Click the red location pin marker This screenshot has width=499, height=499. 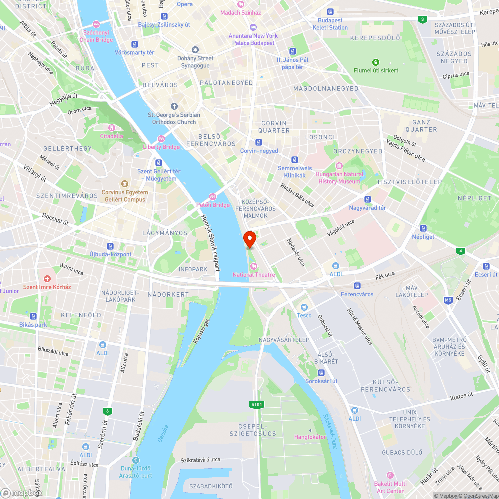(x=249, y=239)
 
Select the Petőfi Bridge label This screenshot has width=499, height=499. (x=213, y=205)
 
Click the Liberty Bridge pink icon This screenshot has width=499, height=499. (x=161, y=139)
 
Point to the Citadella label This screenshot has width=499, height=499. (x=111, y=136)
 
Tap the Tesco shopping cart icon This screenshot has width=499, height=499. (x=304, y=307)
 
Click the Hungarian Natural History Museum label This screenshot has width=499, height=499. (x=339, y=178)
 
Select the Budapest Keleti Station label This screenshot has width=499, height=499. (x=330, y=24)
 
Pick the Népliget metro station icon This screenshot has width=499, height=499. (x=423, y=228)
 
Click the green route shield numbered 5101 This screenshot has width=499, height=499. (x=256, y=405)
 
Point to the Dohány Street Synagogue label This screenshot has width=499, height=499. (x=195, y=62)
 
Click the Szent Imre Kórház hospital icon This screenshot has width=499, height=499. (x=47, y=278)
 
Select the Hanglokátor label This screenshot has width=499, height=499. (x=310, y=437)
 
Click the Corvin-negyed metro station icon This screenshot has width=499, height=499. (x=258, y=142)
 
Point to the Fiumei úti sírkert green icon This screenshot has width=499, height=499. (x=375, y=62)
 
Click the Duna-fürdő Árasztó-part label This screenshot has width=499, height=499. (x=136, y=472)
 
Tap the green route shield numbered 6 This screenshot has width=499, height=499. (x=106, y=411)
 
